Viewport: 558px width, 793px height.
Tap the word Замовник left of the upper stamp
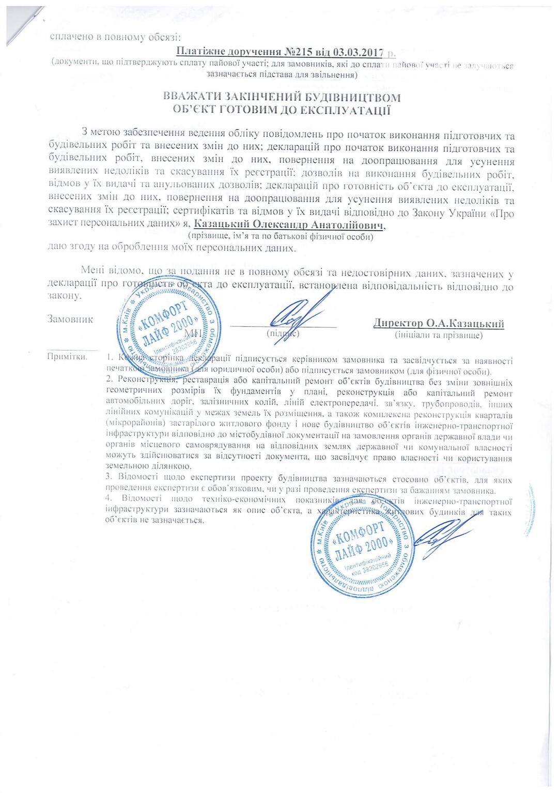coord(70,319)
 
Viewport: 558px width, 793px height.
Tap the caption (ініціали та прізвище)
coord(439,335)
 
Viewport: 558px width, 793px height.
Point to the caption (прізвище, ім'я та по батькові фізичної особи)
coord(281,237)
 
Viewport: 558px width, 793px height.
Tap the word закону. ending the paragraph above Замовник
coord(64,296)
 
